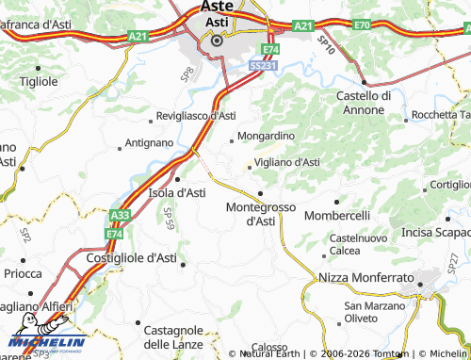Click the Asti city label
(218, 21)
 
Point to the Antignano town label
(149, 143)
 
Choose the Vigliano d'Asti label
(287, 162)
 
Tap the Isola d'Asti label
(177, 192)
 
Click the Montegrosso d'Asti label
(260, 214)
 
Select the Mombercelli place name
(338, 215)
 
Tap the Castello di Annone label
(364, 102)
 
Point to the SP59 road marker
(169, 223)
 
